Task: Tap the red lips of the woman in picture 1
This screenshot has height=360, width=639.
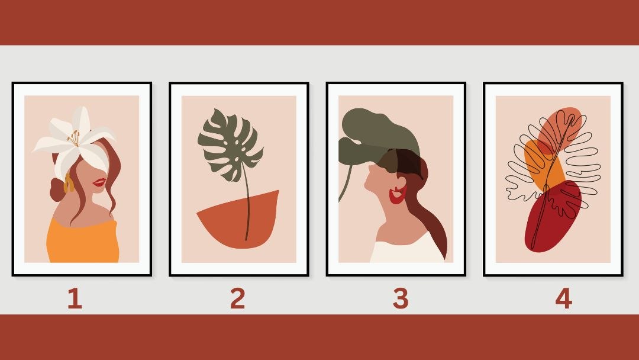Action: (99, 182)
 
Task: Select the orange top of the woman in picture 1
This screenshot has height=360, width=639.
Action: (83, 242)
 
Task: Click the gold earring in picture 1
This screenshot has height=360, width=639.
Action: (68, 184)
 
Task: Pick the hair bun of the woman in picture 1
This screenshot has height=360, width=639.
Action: (57, 190)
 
